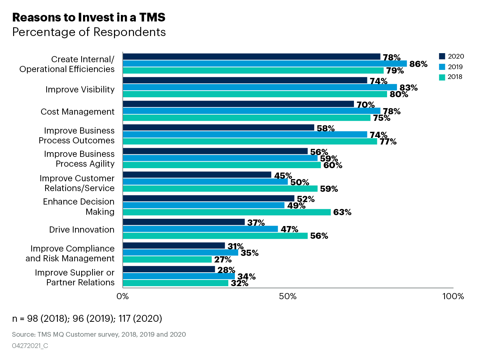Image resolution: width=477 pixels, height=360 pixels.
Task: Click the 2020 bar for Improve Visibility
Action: (245, 80)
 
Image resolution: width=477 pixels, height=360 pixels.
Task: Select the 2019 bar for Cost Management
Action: (251, 111)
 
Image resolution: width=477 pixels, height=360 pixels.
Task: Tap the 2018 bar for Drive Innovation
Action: (215, 236)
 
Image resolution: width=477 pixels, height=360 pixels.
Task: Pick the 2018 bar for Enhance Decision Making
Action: (226, 212)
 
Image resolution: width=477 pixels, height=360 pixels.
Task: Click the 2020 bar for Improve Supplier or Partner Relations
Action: (169, 269)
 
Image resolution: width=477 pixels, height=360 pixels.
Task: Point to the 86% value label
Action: (418, 64)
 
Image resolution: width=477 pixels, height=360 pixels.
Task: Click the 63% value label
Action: (342, 212)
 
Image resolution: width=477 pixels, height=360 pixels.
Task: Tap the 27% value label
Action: (223, 260)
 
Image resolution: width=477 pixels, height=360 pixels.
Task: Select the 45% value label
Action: (283, 176)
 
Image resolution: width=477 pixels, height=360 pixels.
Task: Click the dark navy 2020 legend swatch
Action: (442, 56)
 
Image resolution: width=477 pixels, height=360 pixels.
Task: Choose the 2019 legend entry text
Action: (455, 67)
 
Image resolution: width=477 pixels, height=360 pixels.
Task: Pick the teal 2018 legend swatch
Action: (442, 77)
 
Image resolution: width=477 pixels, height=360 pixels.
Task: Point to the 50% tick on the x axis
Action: (288, 296)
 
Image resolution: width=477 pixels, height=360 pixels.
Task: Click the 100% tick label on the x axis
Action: (453, 296)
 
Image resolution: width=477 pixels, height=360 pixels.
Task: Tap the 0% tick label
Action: (123, 296)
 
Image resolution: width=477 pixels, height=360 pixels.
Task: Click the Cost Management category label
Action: (78, 112)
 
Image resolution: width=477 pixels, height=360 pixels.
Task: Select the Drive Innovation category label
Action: (82, 230)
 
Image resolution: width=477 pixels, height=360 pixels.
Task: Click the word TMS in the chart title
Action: (151, 17)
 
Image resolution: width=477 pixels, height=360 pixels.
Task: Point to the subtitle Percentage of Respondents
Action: (89, 32)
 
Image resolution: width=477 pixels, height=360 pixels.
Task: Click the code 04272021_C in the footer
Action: (30, 346)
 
